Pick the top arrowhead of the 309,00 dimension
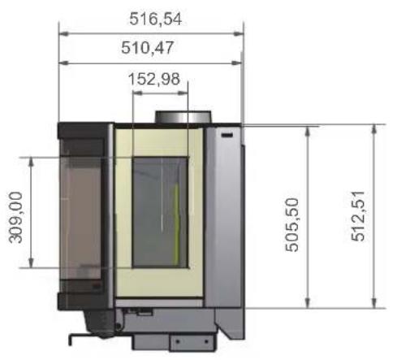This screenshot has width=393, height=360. pyautogui.click(x=31, y=161)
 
